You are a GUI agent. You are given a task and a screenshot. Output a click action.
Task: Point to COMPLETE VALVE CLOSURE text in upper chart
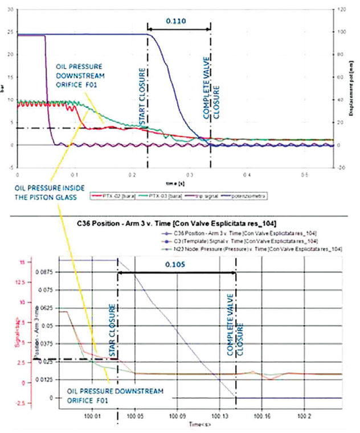point(211,91)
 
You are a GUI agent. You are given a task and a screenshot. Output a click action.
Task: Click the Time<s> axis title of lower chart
point(201,424)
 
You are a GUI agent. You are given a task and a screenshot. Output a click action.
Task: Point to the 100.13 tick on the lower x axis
point(219,415)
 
